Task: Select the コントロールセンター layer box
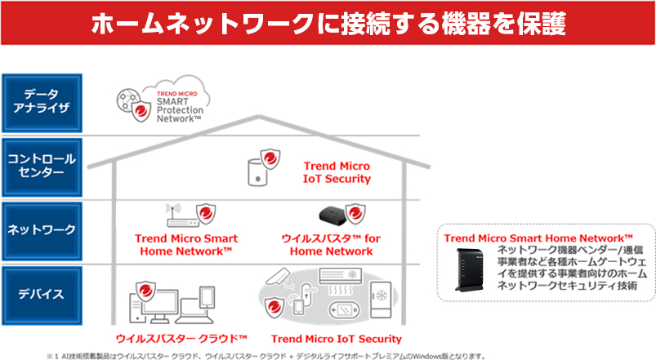41,166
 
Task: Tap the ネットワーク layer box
41,229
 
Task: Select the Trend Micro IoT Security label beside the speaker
337,171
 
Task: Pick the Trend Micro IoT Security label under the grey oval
336,338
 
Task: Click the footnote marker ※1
54,355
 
